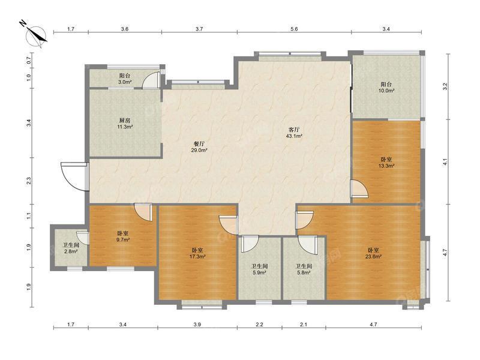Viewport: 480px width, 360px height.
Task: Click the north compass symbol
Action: point(35,35)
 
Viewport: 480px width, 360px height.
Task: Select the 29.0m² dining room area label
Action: point(199,147)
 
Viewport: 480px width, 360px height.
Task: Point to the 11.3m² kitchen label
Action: point(125,124)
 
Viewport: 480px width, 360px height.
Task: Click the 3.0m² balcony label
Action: point(125,79)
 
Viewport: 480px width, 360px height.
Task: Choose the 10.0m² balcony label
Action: point(386,87)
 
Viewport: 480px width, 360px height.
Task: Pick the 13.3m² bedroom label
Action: point(386,163)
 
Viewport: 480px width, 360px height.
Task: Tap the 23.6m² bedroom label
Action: point(373,253)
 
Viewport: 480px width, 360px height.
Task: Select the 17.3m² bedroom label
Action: point(197,253)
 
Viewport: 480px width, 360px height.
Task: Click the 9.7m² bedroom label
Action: point(123,236)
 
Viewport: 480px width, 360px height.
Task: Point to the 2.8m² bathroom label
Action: point(71,248)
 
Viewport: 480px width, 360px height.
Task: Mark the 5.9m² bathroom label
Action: point(259,269)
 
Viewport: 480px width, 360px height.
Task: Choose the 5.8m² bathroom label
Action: point(304,269)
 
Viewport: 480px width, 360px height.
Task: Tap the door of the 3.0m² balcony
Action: point(152,80)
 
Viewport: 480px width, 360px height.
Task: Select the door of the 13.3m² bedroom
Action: point(358,189)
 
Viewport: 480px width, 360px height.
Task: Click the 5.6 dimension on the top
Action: point(294,29)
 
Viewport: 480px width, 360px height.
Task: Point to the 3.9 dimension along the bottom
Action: point(197,325)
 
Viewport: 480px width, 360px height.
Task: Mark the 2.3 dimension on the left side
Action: point(29,181)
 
